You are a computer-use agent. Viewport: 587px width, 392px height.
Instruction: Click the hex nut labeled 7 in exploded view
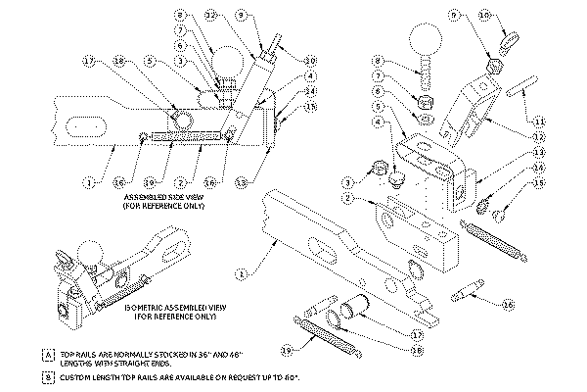click(x=426, y=100)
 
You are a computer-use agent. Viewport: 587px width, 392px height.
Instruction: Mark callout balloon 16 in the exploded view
click(x=508, y=305)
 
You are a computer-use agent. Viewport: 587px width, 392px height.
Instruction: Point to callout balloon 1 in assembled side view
click(x=89, y=181)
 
